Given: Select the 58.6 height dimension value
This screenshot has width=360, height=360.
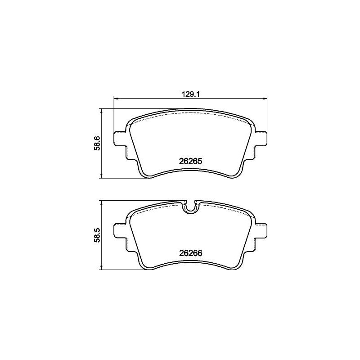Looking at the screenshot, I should pos(96,143).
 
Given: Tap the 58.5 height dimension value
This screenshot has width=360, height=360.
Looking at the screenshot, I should pos(96,235).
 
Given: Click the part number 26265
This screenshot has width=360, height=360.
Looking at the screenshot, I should pos(190,161).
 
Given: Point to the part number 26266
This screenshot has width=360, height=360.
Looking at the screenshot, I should pos(190,253).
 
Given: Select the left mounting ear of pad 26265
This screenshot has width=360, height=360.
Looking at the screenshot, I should pos(120,139).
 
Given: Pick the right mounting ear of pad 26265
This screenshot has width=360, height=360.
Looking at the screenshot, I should pos(262,139).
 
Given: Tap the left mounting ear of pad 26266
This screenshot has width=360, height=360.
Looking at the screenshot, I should pos(120,231).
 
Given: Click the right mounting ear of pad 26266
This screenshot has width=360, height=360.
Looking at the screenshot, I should pos(262,231).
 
